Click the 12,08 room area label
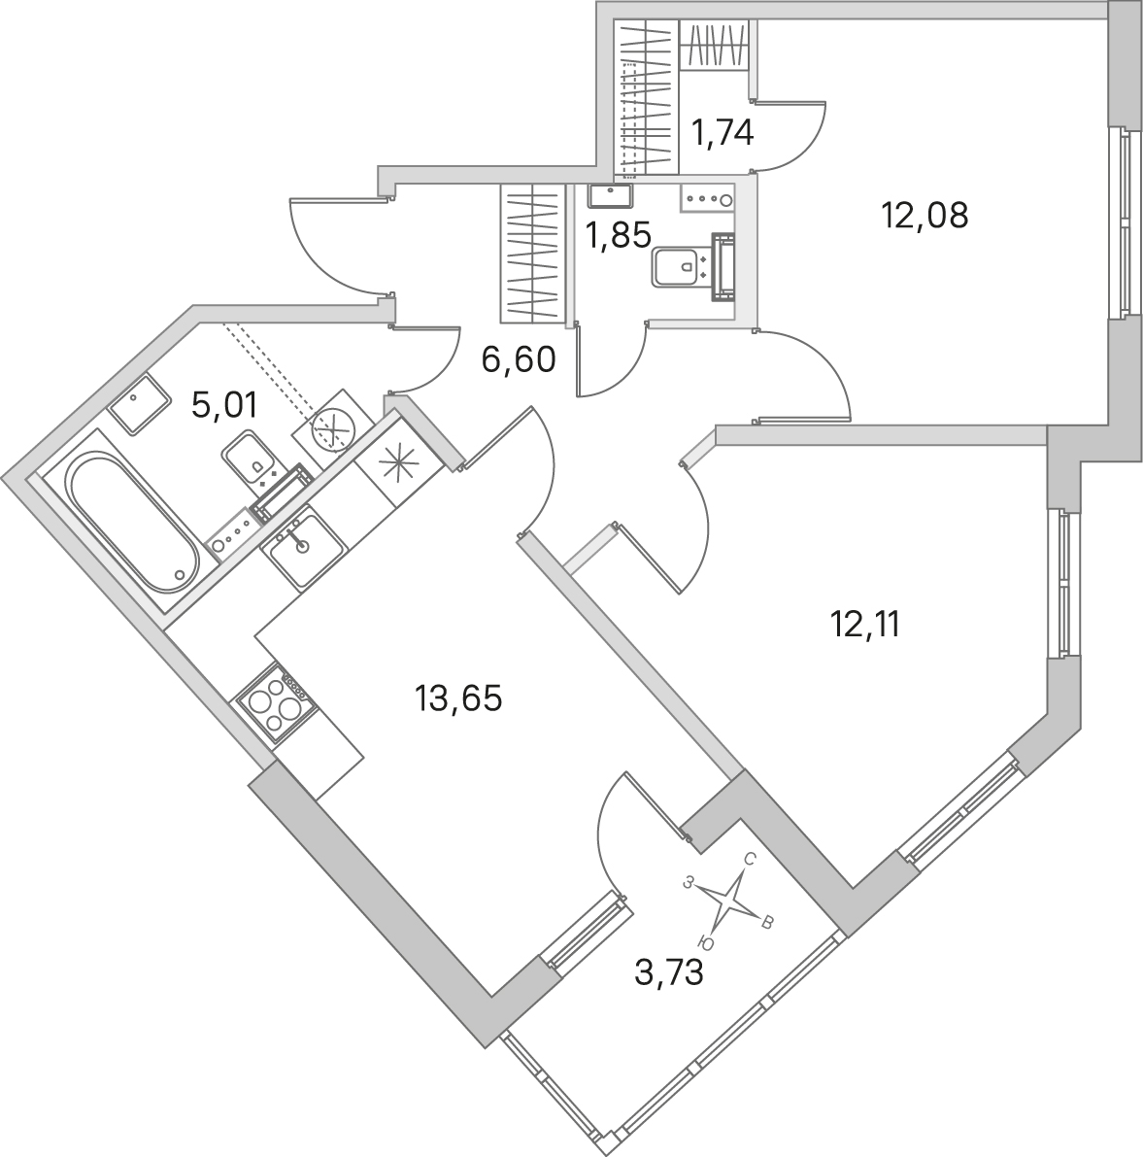tap(924, 216)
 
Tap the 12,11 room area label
tap(865, 626)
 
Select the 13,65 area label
tap(458, 698)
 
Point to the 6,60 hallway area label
tap(518, 360)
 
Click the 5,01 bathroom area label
tap(224, 406)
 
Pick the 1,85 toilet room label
tap(618, 236)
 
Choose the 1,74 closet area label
tap(722, 133)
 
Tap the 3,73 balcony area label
tap(669, 973)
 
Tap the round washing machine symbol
tap(330, 429)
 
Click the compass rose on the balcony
tap(728, 900)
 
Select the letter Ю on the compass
tap(705, 942)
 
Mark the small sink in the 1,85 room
tap(611, 196)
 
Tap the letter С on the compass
tap(750, 858)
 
